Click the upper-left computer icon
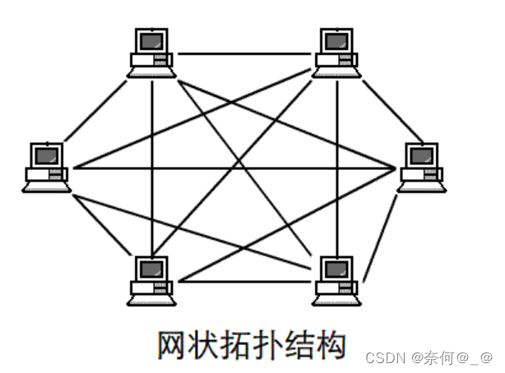coord(152,52)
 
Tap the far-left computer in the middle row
coord(46,168)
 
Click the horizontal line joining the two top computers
coord(245,54)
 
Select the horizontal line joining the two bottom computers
coord(245,282)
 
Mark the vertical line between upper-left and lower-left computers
coord(153,164)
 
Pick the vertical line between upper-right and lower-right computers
coord(337,164)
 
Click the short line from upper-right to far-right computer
coord(382,107)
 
